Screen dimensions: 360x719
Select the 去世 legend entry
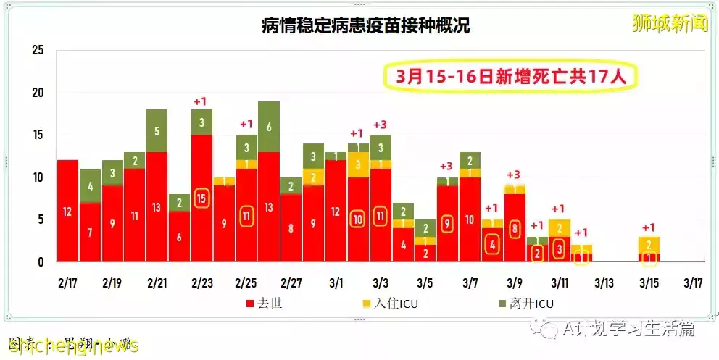point(265,304)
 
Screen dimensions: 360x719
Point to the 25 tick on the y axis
point(38,51)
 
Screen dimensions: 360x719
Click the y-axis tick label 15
point(38,135)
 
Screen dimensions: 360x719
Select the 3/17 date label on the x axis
point(693,281)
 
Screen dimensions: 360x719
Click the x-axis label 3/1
point(336,281)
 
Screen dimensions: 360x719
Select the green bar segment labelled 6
point(269,127)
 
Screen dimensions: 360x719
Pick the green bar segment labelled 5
point(157,131)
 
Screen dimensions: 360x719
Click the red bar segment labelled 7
point(90,233)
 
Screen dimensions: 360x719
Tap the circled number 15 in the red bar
point(201,198)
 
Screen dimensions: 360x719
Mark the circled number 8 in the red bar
point(515,228)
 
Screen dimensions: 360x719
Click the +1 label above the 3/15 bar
point(649,227)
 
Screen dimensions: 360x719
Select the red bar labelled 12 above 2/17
point(67,211)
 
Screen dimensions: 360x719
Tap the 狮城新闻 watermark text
point(670,23)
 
